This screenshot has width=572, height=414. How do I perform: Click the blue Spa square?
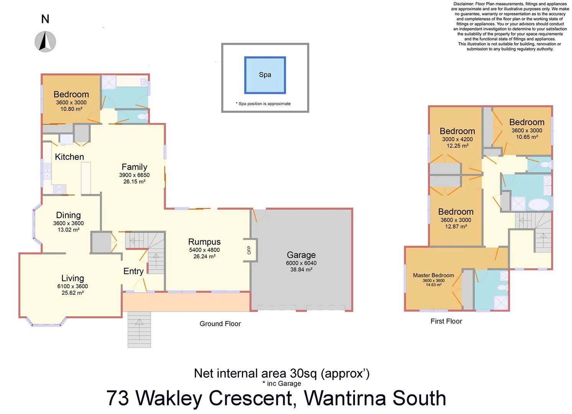click(x=265, y=75)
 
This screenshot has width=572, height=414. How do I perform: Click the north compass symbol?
click(x=45, y=41)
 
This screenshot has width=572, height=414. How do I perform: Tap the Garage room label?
click(x=301, y=255)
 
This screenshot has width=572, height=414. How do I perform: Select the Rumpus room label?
click(x=204, y=242)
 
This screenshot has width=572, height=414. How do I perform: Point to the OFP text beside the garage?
click(x=249, y=250)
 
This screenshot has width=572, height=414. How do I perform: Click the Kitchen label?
click(x=69, y=157)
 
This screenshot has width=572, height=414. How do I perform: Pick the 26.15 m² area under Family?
click(x=134, y=182)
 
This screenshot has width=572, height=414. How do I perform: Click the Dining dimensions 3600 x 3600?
click(x=68, y=223)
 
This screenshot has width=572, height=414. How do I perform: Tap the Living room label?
click(x=72, y=278)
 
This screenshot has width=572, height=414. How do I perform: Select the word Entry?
click(x=133, y=271)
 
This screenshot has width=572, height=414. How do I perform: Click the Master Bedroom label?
click(x=433, y=275)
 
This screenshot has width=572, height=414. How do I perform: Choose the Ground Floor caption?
click(x=220, y=324)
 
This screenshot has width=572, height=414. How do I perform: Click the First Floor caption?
click(x=446, y=321)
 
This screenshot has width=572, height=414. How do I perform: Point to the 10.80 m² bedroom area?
click(x=71, y=109)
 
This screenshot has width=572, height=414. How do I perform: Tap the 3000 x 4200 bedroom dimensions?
click(x=457, y=139)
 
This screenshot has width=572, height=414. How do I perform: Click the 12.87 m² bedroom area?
click(x=456, y=227)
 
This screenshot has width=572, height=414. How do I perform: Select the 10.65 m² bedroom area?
click(x=527, y=137)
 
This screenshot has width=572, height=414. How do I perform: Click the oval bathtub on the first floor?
click(x=539, y=204)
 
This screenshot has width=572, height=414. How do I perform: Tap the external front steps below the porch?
click(x=139, y=329)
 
